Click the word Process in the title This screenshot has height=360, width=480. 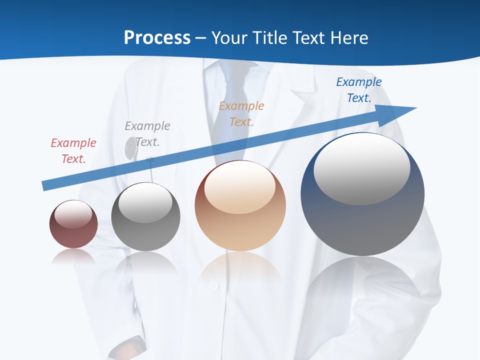pyautogui.click(x=157, y=37)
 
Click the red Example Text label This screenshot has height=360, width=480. pyautogui.click(x=73, y=151)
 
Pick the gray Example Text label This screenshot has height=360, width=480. pyautogui.click(x=147, y=134)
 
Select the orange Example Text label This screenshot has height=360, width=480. pyautogui.click(x=241, y=114)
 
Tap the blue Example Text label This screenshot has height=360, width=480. pyautogui.click(x=359, y=90)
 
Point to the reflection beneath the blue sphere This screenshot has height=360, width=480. pyautogui.click(x=362, y=285)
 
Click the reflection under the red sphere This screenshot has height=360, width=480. pyautogui.click(x=73, y=256)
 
